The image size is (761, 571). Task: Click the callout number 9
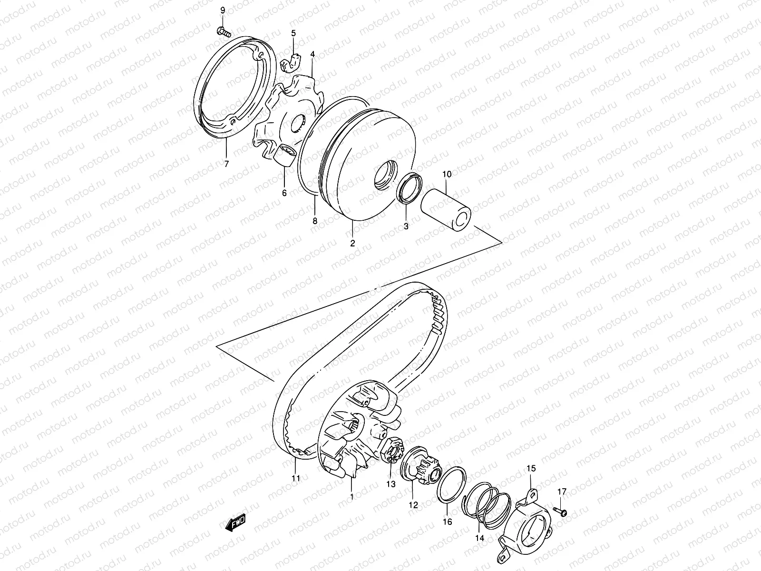click(x=222, y=10)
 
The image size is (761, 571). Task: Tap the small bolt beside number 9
click(x=224, y=32)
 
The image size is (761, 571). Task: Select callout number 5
click(x=293, y=33)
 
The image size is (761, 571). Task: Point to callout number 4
click(x=312, y=55)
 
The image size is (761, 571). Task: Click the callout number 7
click(x=226, y=165)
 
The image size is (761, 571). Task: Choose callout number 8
click(x=314, y=221)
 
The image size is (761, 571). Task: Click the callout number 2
click(x=352, y=243)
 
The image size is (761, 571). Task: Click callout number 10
click(x=447, y=174)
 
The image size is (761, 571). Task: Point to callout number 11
click(x=296, y=479)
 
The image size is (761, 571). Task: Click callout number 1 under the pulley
click(x=351, y=497)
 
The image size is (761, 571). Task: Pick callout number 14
click(x=479, y=538)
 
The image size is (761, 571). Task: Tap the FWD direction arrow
click(x=234, y=524)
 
